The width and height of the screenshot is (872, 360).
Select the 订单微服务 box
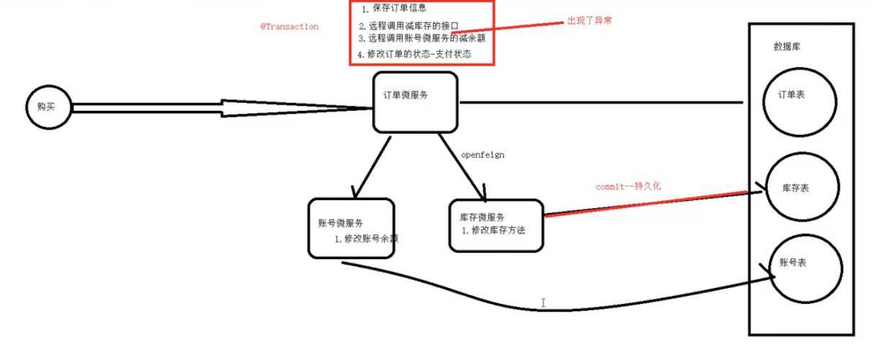(415, 102)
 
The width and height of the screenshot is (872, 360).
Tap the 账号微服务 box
(352, 227)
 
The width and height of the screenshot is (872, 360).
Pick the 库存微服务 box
(496, 225)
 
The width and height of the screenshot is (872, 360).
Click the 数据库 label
(786, 47)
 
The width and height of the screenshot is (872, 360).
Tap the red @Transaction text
(289, 26)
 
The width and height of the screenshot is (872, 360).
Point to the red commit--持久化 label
(629, 186)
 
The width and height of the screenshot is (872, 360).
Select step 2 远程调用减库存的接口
(408, 26)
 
